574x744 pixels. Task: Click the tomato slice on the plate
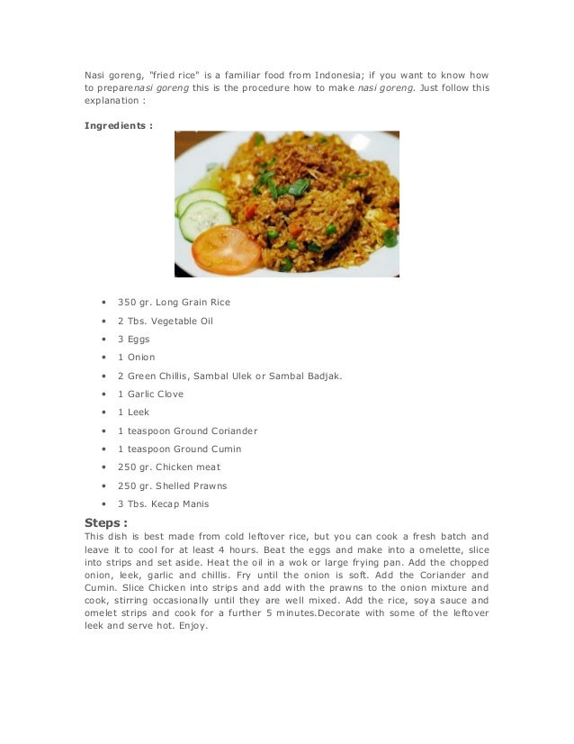click(226, 250)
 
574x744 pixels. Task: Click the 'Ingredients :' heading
click(118, 125)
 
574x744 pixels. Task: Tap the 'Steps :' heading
click(105, 522)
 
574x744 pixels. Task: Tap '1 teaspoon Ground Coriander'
click(186, 431)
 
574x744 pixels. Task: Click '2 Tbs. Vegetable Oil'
click(166, 321)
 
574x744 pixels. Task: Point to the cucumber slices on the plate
click(203, 209)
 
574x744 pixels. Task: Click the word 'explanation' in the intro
click(112, 102)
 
